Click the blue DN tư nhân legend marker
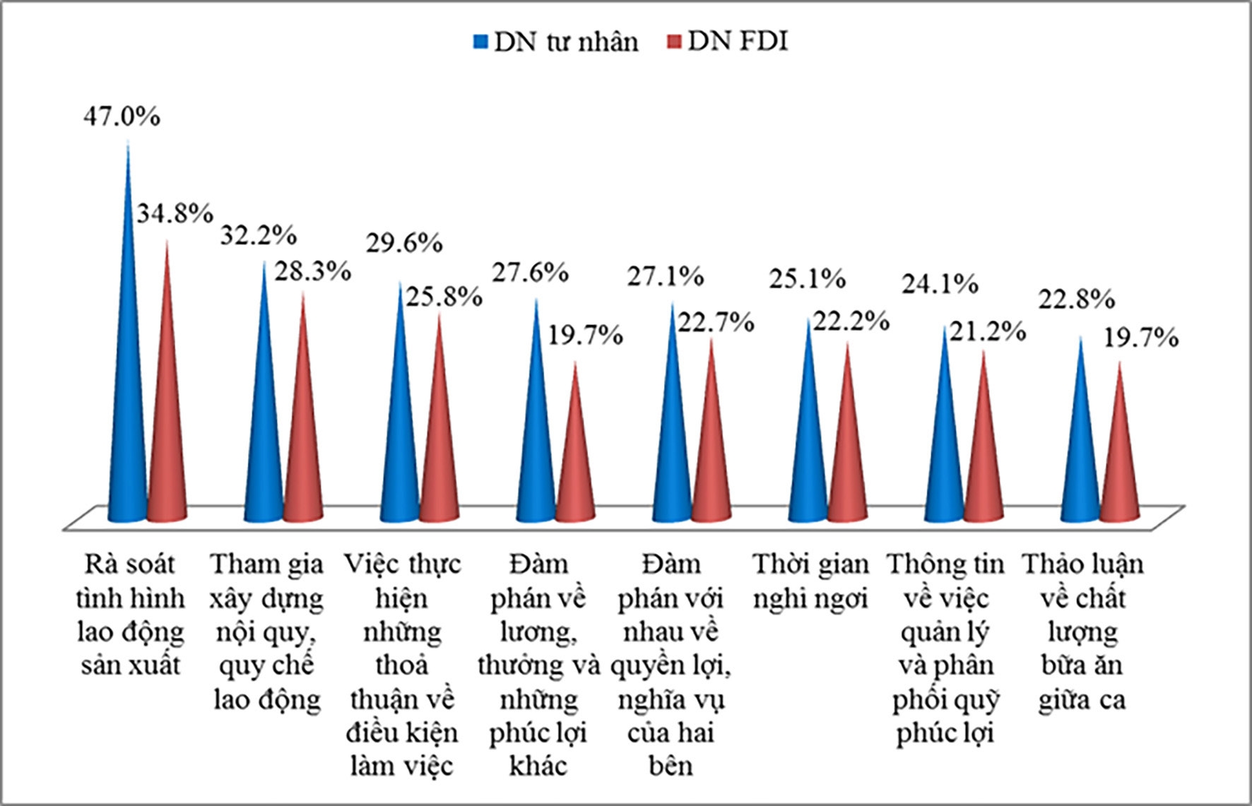pos(481,42)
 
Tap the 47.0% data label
pos(122,116)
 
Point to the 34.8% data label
pos(175,212)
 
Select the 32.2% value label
pos(258,235)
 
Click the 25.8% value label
pos(444,296)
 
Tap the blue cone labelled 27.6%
pos(536,438)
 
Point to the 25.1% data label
pos(807,279)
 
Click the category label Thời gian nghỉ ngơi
pos(810,581)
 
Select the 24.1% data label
pos(940,284)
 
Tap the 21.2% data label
pos(987,330)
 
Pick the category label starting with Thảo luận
pos(1082,632)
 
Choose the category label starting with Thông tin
pos(945,648)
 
